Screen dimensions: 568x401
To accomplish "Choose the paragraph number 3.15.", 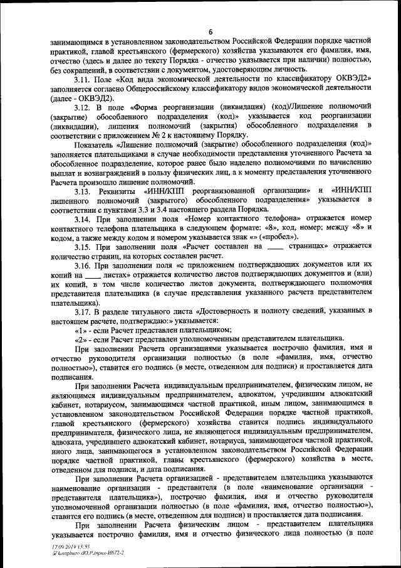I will click(x=81, y=247).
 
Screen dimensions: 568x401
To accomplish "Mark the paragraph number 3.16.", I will click(x=81, y=267).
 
